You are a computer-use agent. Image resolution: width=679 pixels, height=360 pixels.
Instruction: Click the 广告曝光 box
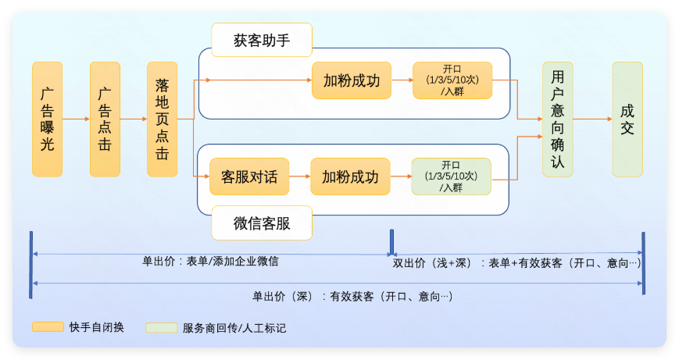tap(47, 119)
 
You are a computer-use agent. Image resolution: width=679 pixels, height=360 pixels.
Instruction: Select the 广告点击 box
tap(105, 119)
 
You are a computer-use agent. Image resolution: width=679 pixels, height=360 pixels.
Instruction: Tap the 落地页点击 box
tap(162, 119)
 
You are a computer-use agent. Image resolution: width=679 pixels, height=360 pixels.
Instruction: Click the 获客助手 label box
tap(262, 41)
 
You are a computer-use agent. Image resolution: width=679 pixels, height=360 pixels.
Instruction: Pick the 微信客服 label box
tap(262, 223)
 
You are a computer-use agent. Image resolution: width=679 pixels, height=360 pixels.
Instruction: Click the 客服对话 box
tap(249, 176)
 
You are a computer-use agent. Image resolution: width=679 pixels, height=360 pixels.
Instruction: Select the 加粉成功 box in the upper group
tap(351, 80)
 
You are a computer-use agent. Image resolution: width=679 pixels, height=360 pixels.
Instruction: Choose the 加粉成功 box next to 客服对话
tap(350, 176)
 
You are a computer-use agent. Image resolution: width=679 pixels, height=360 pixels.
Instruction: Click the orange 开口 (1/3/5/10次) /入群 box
tap(453, 80)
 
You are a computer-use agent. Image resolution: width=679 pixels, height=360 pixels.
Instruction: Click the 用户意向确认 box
tap(557, 119)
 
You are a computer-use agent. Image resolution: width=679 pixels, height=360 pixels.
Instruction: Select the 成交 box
tap(627, 119)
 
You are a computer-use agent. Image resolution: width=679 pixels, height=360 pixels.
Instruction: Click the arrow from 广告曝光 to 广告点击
tap(76, 119)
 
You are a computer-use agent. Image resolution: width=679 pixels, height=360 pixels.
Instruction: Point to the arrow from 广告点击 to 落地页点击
tap(134, 119)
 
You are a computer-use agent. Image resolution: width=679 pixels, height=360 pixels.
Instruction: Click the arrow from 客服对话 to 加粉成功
tap(299, 176)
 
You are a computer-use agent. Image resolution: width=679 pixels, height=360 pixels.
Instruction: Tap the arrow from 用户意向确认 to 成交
tap(592, 119)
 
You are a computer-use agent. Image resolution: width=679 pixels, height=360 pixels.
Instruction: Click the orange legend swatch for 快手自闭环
tap(48, 326)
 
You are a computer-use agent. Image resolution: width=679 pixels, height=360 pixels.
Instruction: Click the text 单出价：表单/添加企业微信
tap(210, 262)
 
